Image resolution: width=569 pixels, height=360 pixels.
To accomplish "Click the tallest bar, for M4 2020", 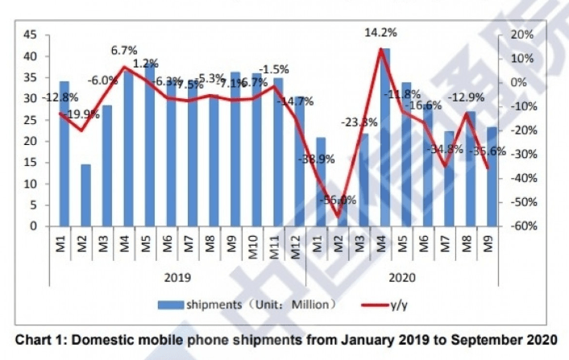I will pos(385,137).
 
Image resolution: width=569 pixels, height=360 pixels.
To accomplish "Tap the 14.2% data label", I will pos(380,34).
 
